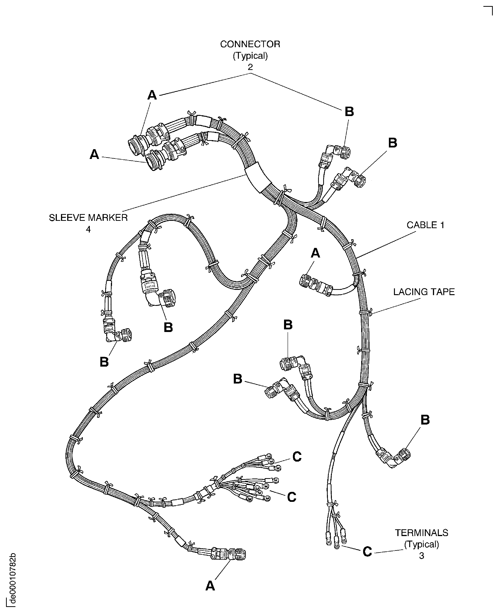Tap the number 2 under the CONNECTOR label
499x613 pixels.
tap(250, 67)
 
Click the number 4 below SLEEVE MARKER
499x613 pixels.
tap(88, 229)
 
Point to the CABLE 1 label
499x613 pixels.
tap(425, 225)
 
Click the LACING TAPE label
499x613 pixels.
tap(424, 292)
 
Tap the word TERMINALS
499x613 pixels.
tap(421, 533)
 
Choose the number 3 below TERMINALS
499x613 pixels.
tap(421, 556)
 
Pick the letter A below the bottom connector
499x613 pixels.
tap(210, 585)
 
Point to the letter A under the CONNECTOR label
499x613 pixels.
tap(152, 95)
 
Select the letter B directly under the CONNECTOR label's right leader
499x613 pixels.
tap(349, 112)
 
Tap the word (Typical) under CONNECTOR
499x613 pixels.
tap(250, 55)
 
